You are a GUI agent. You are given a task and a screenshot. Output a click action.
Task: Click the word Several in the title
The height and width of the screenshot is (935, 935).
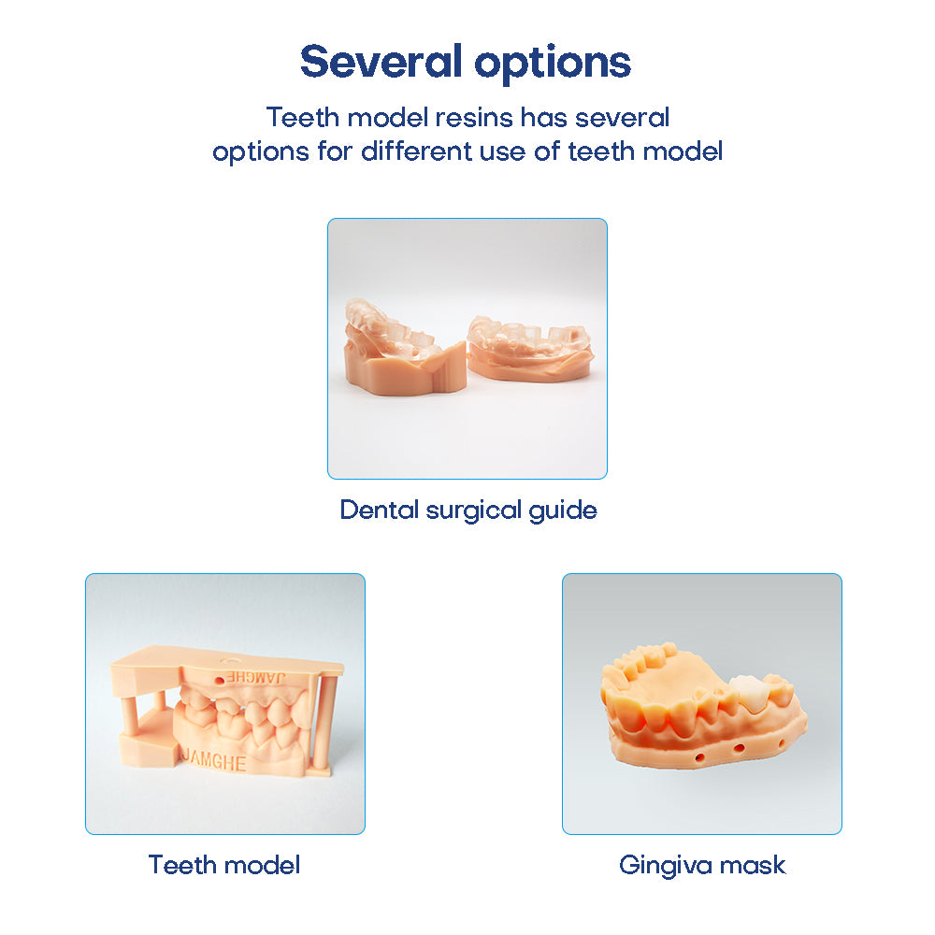pyautogui.click(x=380, y=62)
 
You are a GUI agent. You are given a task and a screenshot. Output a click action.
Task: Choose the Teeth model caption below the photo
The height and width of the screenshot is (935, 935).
pyautogui.click(x=224, y=865)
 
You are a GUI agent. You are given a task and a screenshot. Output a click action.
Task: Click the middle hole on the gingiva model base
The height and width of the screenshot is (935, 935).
pyautogui.click(x=738, y=748)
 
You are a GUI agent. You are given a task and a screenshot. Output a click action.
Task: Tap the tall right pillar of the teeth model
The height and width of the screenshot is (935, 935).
pyautogui.click(x=327, y=720)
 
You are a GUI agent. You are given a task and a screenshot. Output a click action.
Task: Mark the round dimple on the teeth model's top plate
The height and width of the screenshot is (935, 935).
pyautogui.click(x=229, y=656)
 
